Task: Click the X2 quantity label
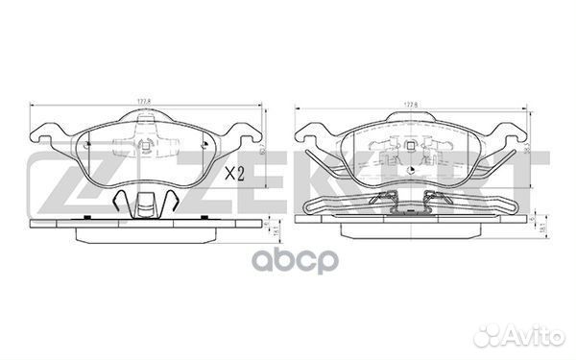[x=236, y=175]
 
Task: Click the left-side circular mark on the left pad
[x=85, y=145]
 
